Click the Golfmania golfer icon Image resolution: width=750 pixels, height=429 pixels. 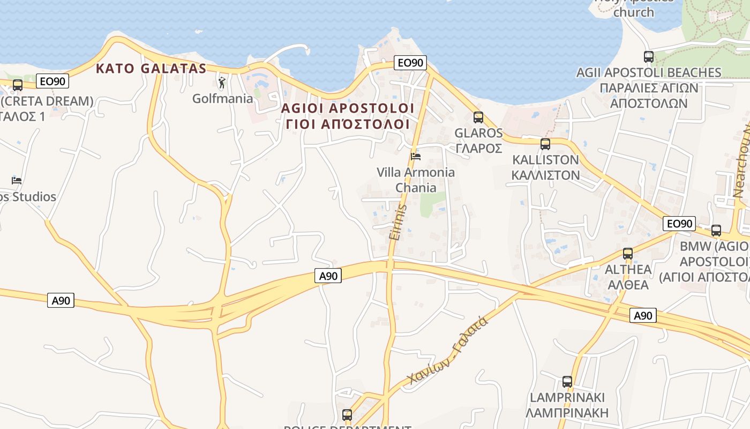222,83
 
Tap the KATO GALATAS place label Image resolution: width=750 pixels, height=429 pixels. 151,69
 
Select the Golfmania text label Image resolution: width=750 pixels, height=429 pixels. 222,99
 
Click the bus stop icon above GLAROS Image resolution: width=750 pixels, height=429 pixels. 478,117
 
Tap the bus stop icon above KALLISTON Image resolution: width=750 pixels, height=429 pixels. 545,144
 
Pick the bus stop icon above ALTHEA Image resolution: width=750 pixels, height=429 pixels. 627,253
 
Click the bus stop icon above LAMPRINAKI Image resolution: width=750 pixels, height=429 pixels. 567,382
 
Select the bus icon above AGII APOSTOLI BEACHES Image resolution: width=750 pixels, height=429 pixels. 648,56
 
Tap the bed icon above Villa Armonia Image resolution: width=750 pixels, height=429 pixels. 415,156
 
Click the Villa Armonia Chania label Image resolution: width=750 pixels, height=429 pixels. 416,180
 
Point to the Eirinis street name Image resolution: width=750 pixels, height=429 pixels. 396,221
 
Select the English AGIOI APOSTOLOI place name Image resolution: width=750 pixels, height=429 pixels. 348,108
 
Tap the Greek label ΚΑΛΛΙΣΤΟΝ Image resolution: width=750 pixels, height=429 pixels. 545,175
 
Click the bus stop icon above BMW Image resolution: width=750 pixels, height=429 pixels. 716,231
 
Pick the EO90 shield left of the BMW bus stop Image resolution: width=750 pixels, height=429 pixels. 679,224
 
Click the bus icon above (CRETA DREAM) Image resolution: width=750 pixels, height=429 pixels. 17,85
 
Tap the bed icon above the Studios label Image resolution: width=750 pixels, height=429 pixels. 17,180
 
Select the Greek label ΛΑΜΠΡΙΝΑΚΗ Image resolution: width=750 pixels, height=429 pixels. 567,413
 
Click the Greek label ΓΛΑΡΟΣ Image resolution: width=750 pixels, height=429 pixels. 478,149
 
